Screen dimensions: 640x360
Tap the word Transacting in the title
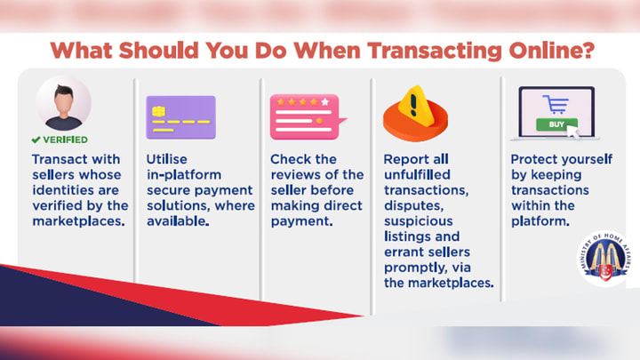tap(435, 52)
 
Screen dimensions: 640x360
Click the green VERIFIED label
tap(65, 140)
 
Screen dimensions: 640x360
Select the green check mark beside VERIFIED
tap(36, 140)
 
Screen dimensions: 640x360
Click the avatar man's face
tap(64, 103)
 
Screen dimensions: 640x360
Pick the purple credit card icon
tap(180, 117)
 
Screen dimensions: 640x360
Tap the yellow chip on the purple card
tap(158, 111)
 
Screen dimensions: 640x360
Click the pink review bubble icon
tap(307, 117)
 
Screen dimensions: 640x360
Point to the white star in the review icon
tap(325, 101)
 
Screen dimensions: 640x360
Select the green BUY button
tap(556, 124)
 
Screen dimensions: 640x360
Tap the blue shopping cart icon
tap(556, 104)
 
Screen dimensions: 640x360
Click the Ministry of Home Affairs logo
tap(605, 258)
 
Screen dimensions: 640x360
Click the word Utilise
tap(166, 159)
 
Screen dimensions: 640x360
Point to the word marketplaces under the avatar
tap(78, 221)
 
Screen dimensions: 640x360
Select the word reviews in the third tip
tap(298, 175)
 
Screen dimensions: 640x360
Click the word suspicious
tap(419, 221)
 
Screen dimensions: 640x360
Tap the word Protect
tap(530, 159)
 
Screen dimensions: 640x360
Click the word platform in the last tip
tap(540, 221)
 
